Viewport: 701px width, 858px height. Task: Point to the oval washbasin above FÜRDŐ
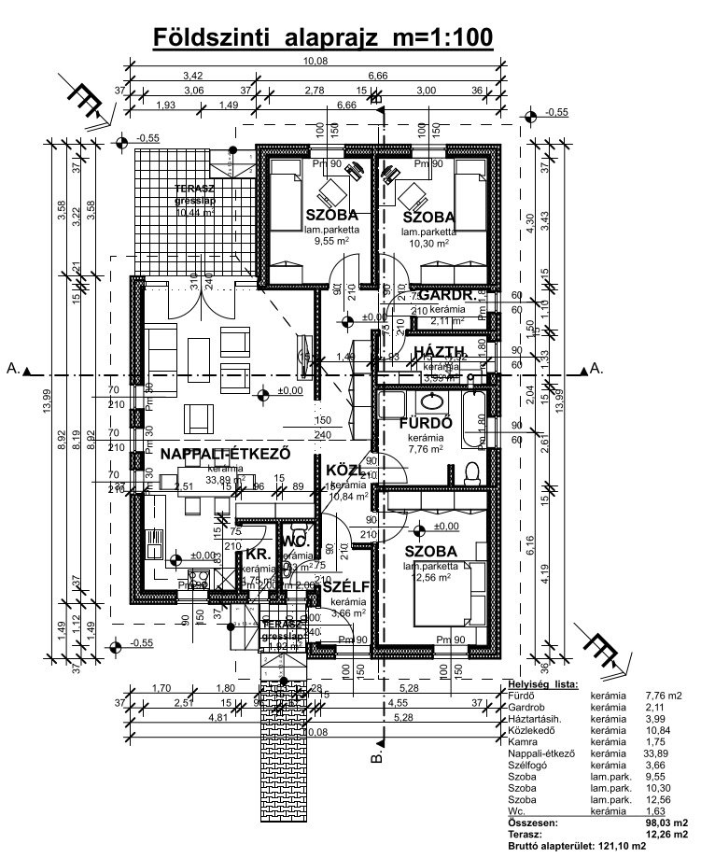pos(432,402)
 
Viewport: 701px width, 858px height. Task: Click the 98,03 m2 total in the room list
pos(663,823)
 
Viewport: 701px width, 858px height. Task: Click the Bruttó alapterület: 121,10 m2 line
pos(576,845)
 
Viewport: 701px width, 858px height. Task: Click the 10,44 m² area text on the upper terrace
pos(195,212)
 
